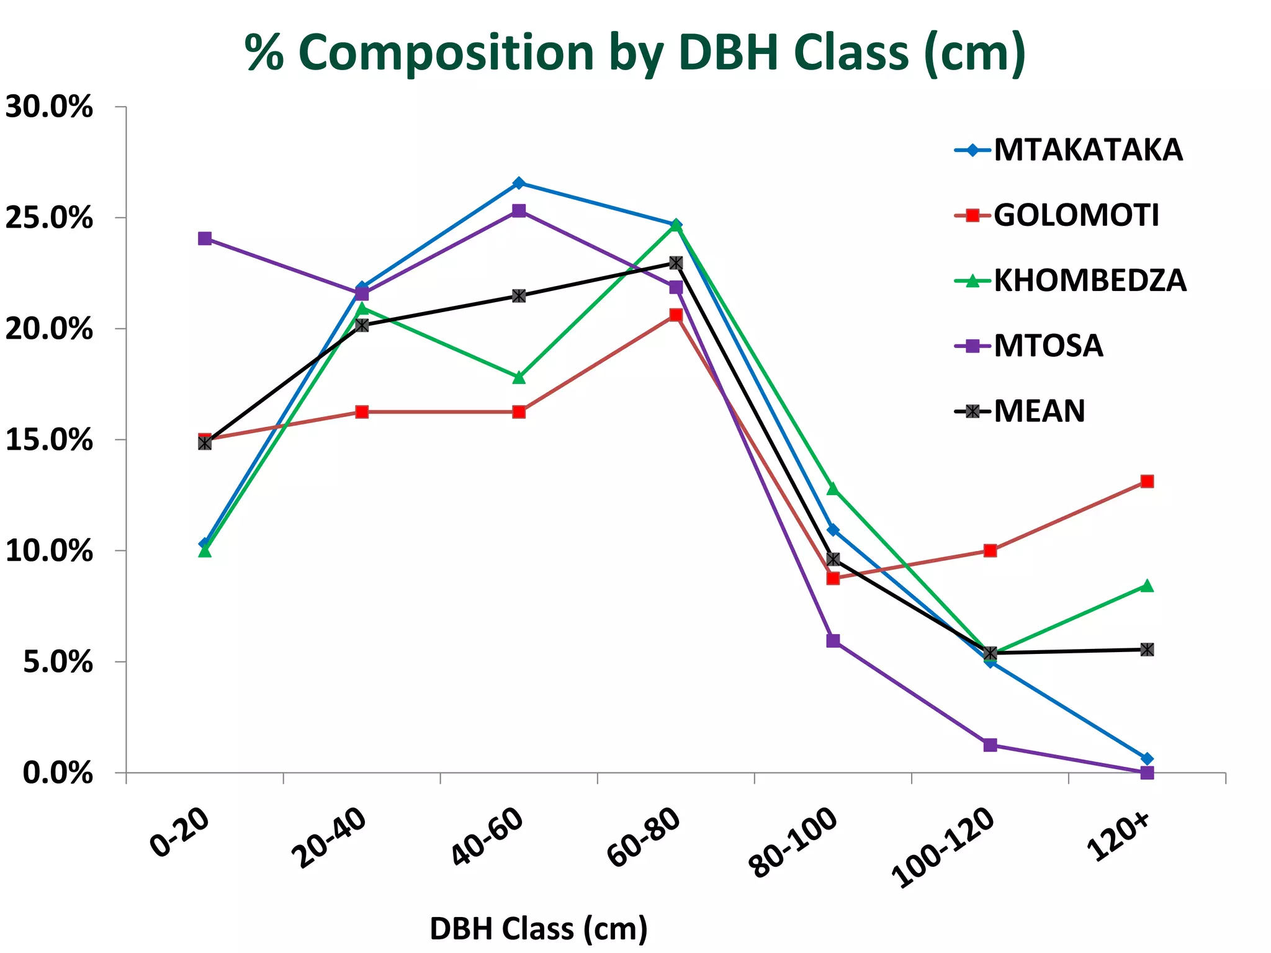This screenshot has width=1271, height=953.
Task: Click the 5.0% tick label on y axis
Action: [x=57, y=663]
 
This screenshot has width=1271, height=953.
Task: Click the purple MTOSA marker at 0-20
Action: [x=205, y=238]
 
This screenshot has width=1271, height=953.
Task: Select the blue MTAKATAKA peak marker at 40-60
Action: [x=519, y=183]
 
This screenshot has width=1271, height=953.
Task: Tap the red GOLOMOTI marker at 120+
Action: [x=1147, y=481]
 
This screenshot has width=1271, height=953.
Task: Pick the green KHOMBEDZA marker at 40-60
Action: [x=519, y=377]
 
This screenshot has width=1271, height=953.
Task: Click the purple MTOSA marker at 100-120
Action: [x=990, y=745]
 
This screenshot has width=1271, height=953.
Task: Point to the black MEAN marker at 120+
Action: [x=1147, y=650]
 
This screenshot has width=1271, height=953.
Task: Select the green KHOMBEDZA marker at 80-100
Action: [x=833, y=489]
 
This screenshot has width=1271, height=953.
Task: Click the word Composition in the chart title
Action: [x=447, y=53]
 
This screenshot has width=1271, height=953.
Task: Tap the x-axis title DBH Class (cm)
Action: [x=539, y=929]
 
